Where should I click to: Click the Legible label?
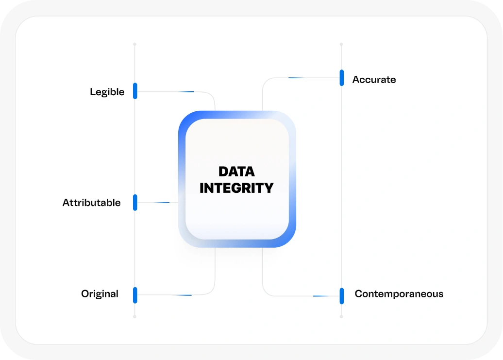tap(107, 92)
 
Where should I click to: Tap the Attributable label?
tap(91, 203)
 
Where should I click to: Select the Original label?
tap(100, 294)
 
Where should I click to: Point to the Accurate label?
tap(374, 80)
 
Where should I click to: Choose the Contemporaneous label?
tap(399, 294)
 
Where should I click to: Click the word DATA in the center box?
tap(236, 171)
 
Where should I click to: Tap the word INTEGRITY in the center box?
tap(236, 188)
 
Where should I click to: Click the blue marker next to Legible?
tap(135, 91)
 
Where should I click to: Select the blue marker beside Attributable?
tap(135, 203)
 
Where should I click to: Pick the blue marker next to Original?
tap(135, 295)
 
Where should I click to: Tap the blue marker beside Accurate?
tap(342, 78)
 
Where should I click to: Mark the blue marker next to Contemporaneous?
tap(342, 296)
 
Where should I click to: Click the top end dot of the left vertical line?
tap(135, 44)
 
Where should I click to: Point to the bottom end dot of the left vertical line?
tap(135, 317)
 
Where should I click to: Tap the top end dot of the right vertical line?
tap(342, 44)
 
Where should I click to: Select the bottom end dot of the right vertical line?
tap(342, 317)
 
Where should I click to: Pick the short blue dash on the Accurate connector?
tap(296, 78)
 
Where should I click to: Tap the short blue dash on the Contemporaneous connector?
tap(321, 296)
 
